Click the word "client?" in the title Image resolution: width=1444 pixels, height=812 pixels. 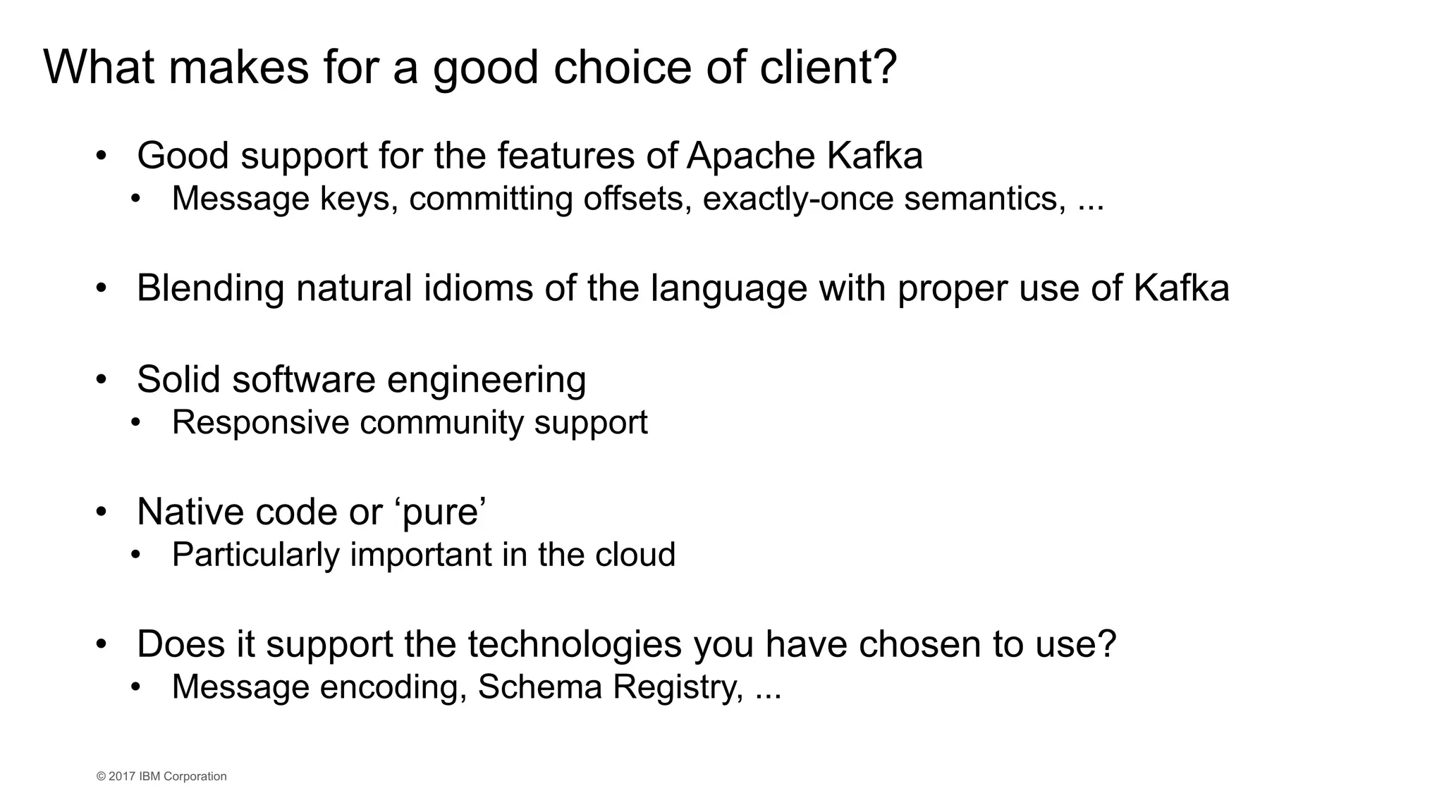point(828,68)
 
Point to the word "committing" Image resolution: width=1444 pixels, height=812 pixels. point(491,199)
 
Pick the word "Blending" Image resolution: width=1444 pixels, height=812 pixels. point(210,288)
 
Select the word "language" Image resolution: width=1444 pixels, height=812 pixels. point(728,288)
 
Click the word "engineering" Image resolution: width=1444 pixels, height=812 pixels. point(487,380)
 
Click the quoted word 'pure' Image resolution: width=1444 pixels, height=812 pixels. point(443,512)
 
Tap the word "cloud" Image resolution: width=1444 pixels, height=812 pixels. point(635,555)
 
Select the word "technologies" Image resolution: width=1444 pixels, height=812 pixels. point(575,644)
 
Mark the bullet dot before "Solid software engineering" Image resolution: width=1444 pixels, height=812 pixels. point(102,381)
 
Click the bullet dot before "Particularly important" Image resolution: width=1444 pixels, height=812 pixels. point(136,555)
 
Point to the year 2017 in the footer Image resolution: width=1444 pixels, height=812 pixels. point(122,777)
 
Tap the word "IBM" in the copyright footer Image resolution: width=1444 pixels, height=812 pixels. point(149,777)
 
